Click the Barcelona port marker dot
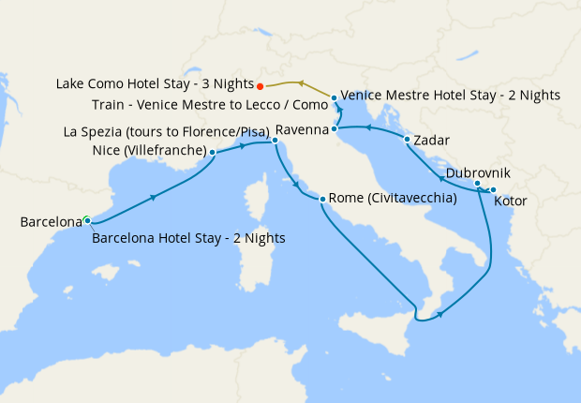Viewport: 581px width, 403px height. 86,220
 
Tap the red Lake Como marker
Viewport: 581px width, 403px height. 260,83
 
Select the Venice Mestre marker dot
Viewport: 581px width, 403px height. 334,97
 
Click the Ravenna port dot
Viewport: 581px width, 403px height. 335,128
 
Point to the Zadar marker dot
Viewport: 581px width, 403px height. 407,141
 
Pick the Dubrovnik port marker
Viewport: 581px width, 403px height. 477,184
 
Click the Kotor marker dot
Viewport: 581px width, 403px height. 493,191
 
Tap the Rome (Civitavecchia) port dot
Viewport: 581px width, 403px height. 322,200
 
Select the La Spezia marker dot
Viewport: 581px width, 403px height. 275,142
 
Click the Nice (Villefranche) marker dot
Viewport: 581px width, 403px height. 213,152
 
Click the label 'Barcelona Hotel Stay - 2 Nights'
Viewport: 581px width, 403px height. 188,238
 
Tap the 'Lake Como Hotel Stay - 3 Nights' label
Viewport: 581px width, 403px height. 154,83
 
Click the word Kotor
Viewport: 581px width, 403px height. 510,201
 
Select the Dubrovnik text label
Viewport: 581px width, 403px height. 478,172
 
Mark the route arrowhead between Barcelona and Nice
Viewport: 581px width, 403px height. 152,196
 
